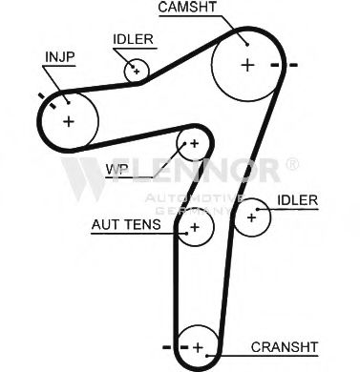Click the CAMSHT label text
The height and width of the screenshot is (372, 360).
point(187,7)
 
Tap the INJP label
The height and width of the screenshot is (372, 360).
point(60,57)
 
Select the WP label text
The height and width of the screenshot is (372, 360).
point(116,169)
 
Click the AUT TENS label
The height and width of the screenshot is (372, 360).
point(126,224)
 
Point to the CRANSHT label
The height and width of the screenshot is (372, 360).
point(285,347)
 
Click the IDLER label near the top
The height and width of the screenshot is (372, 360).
point(133,39)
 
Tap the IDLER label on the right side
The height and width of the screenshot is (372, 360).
point(297,200)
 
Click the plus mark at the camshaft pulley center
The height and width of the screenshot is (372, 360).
point(247,65)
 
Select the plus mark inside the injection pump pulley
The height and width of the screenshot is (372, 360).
point(69,121)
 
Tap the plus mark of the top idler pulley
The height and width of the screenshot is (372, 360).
point(137,72)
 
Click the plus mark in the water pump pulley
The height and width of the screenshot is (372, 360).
point(194,143)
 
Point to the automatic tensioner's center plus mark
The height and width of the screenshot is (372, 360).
point(195,227)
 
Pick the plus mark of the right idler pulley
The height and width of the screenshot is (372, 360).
point(251,217)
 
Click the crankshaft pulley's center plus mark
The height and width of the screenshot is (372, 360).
point(198,347)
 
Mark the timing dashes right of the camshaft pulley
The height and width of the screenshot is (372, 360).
point(284,65)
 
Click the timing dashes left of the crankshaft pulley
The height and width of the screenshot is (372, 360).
point(175,347)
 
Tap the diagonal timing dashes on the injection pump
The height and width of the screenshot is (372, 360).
point(47,101)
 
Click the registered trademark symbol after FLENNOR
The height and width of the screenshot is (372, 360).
point(292,164)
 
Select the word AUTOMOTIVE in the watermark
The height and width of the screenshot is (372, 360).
point(194,198)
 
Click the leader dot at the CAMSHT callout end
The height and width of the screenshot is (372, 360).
point(247,45)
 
